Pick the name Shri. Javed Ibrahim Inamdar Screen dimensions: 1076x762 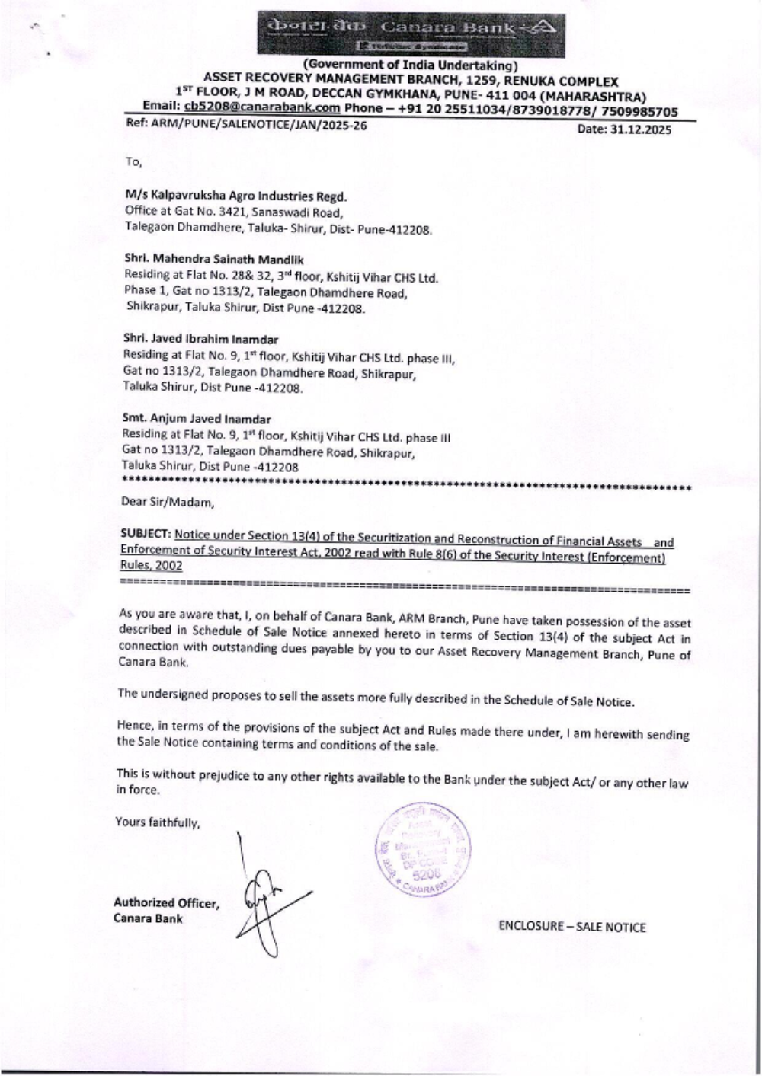click(x=200, y=339)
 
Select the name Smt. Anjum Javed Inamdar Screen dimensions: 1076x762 click(x=197, y=419)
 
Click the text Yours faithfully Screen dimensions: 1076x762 click(x=157, y=822)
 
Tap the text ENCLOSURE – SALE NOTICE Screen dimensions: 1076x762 click(x=571, y=927)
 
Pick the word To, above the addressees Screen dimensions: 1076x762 click(x=133, y=161)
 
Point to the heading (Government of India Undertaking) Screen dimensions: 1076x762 click(x=410, y=66)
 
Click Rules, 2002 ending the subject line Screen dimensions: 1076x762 click(x=151, y=566)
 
